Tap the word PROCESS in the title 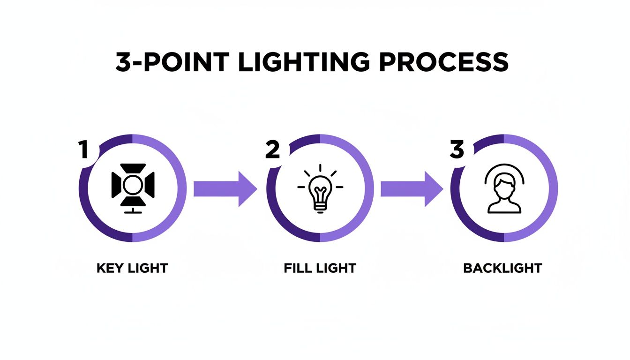[x=444, y=62]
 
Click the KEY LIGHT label [x=132, y=269]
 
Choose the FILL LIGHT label [x=320, y=269]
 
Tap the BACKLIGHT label [x=502, y=269]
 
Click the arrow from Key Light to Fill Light [x=225, y=189]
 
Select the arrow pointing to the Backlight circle [x=411, y=189]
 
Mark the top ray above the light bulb [x=320, y=168]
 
